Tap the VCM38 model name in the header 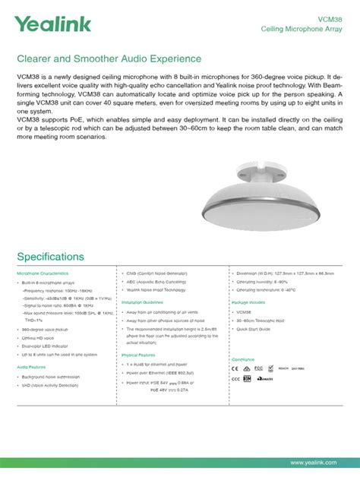point(331,17)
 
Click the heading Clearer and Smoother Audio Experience point(109,58)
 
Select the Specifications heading point(50,257)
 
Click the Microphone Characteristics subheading point(43,273)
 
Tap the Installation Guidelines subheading point(148,302)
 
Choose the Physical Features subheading point(138,355)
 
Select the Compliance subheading point(244,358)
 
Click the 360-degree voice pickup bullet point(45,330)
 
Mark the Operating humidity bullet point(264,281)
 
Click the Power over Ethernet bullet point(159,373)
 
